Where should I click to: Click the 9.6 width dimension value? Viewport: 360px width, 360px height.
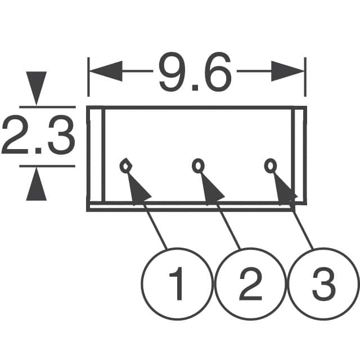click(195, 71)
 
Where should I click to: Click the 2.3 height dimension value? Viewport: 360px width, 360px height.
click(39, 136)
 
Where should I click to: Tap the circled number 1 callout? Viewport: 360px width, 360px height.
click(176, 283)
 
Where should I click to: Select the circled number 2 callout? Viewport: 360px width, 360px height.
click(250, 283)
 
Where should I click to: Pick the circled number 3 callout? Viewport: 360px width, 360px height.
click(323, 283)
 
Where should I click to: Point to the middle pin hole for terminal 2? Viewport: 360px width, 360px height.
click(198, 166)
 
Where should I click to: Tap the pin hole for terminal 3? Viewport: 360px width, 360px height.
click(271, 166)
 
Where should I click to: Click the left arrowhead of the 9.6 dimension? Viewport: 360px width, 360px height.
click(106, 71)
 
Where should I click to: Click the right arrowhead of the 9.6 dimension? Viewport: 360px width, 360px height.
click(287, 71)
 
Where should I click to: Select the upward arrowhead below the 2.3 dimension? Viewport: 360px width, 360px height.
click(36, 184)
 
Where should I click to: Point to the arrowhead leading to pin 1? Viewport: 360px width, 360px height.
click(138, 190)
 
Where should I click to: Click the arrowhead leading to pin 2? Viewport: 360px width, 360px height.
click(211, 190)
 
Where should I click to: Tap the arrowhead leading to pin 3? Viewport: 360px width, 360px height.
click(284, 190)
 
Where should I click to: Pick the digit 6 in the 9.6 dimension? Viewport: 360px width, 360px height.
click(217, 71)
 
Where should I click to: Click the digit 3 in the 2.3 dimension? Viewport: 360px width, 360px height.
click(62, 136)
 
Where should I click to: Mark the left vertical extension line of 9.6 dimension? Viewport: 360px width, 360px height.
click(89, 77)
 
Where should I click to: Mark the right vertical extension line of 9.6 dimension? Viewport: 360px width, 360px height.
click(305, 77)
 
